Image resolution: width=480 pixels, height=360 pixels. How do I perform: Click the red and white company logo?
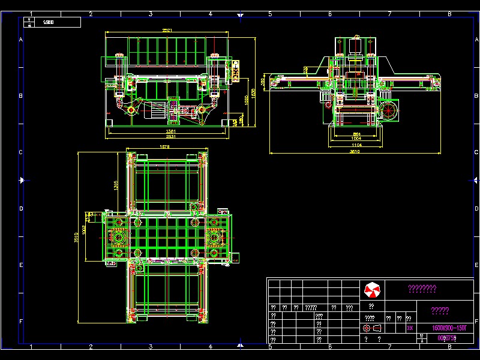[x=372, y=291]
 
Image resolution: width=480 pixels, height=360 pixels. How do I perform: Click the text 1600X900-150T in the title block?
[x=449, y=328]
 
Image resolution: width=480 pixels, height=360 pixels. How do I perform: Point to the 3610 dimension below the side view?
[x=355, y=151]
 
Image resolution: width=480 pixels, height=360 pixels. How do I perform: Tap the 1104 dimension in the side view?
[x=356, y=145]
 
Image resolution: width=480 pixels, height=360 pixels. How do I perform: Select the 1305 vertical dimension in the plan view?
[x=116, y=186]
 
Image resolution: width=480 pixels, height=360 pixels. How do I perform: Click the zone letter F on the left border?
[x=22, y=322]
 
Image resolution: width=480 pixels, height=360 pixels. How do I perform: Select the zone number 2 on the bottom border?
[x=91, y=347]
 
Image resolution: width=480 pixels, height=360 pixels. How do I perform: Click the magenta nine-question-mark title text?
[x=422, y=289]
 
